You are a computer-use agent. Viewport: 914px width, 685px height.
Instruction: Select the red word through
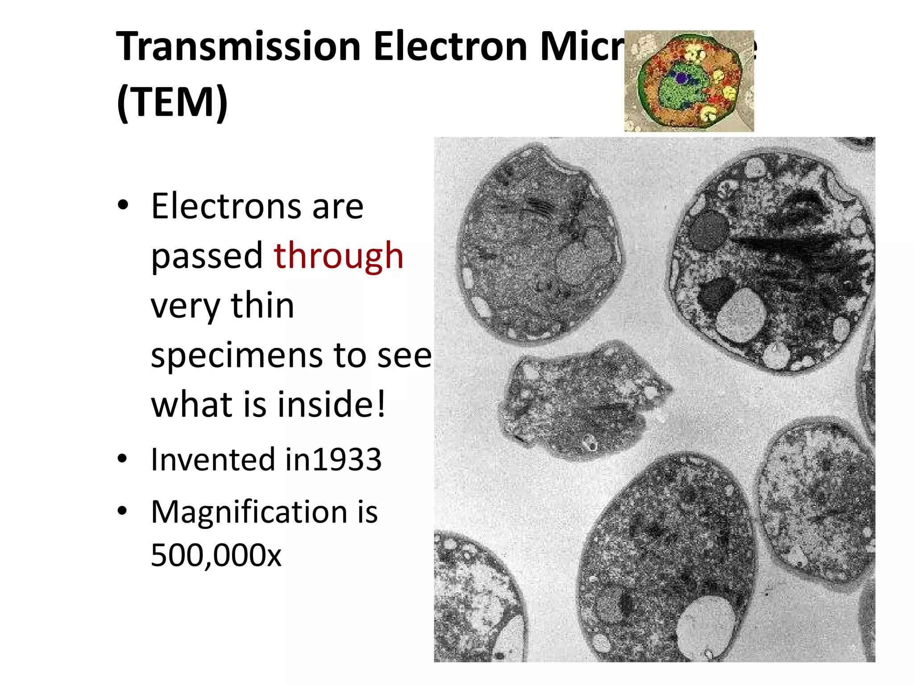[x=339, y=256]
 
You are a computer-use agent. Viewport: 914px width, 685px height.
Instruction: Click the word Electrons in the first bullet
[x=226, y=206]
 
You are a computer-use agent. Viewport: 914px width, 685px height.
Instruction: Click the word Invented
[x=212, y=460]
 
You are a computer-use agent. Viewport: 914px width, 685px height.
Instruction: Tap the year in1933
[x=333, y=460]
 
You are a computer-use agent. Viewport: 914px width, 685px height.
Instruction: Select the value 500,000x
[x=216, y=556]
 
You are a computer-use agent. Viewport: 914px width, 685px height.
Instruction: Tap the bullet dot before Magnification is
[x=123, y=512]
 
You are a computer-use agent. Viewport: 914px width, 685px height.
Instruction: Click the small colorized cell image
[x=689, y=81]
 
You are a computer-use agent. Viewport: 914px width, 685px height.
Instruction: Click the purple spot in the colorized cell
[x=681, y=78]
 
